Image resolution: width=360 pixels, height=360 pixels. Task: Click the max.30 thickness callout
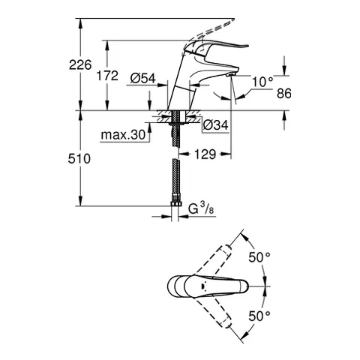coord(121,136)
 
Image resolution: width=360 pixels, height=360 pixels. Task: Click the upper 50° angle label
coord(259,257)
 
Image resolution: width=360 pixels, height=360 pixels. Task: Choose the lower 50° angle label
coord(259,316)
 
